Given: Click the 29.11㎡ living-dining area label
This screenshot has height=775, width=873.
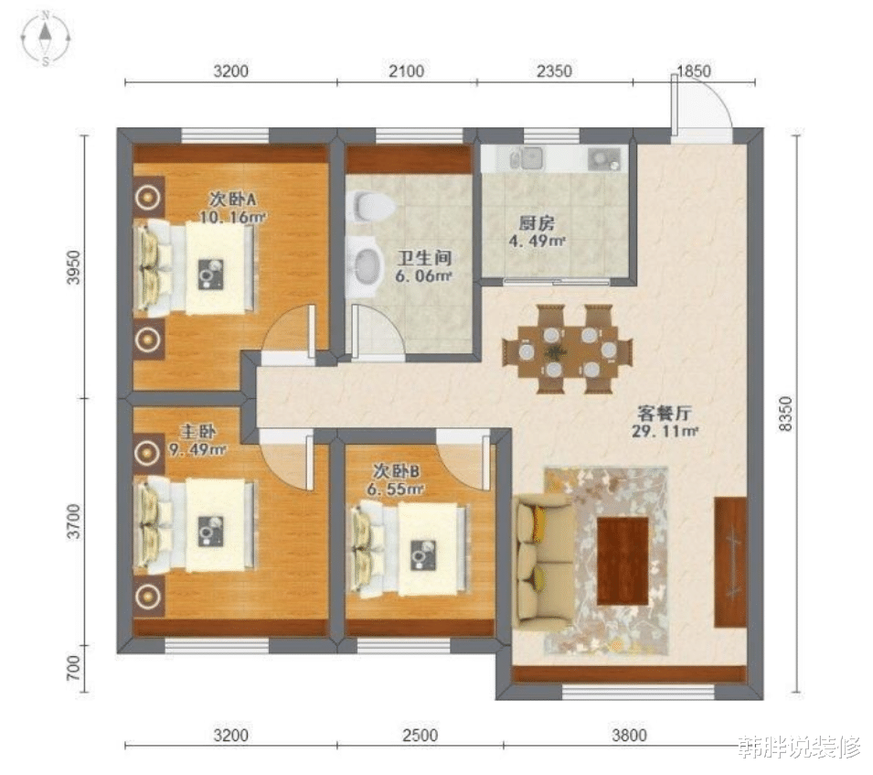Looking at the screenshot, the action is click(x=665, y=431).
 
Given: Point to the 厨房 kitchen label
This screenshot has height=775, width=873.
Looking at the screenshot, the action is click(x=537, y=224).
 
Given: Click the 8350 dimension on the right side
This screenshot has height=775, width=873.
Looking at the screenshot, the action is click(x=784, y=414).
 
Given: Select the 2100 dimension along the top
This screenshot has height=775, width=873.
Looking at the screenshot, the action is click(x=406, y=71).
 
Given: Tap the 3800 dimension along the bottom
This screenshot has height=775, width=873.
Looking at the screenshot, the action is click(x=629, y=736).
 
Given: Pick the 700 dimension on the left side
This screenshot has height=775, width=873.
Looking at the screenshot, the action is click(x=73, y=667).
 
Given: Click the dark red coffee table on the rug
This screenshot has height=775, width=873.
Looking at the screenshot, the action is click(x=623, y=561).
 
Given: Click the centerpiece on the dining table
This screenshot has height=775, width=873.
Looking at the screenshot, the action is click(x=554, y=351).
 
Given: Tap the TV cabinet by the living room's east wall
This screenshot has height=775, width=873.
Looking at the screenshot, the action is click(x=729, y=562).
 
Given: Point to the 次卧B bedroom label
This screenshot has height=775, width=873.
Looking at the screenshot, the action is click(x=397, y=471).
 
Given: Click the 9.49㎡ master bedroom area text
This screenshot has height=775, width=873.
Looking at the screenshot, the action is click(x=197, y=449).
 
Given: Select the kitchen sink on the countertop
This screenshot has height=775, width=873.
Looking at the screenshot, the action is click(x=527, y=159).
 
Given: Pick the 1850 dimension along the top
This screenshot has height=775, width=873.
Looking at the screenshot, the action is click(x=693, y=71).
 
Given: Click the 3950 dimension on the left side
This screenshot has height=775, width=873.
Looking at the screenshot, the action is click(x=73, y=267).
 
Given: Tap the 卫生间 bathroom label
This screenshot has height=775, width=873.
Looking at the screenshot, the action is click(x=423, y=257).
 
